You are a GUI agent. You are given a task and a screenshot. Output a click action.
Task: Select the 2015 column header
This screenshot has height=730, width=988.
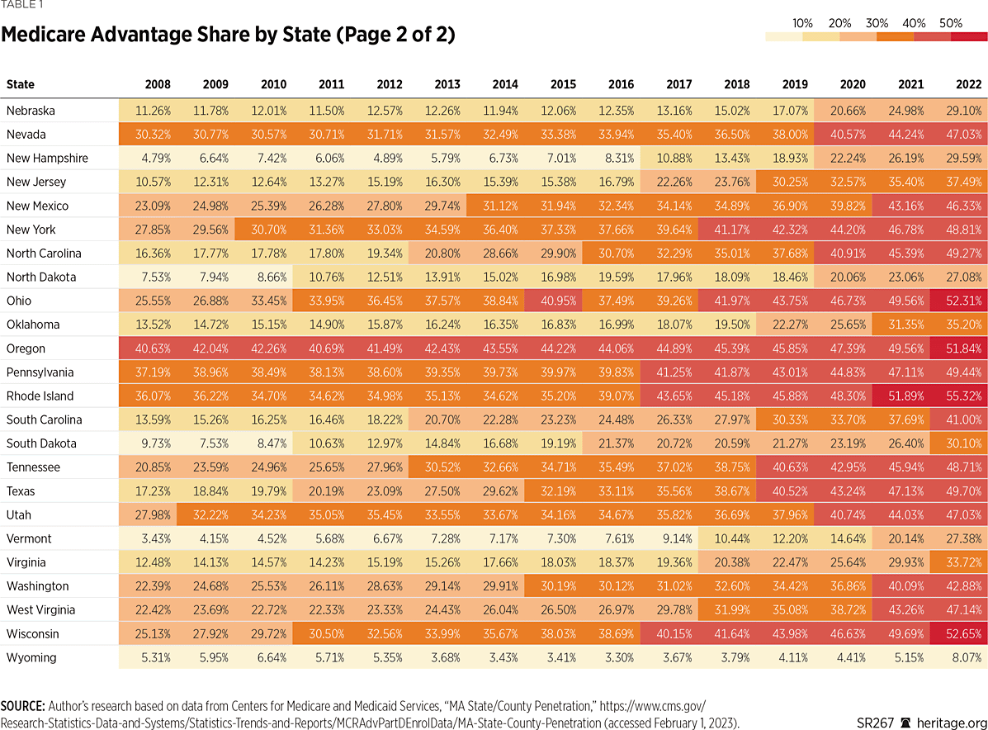click(563, 84)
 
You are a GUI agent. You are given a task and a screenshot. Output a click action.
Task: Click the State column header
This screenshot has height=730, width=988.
click(21, 84)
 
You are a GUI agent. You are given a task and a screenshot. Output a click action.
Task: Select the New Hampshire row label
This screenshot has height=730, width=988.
click(47, 158)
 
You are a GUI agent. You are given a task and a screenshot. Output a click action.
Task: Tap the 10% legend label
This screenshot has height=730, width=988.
click(802, 23)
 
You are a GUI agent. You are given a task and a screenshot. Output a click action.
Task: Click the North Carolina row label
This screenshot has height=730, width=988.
click(44, 253)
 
